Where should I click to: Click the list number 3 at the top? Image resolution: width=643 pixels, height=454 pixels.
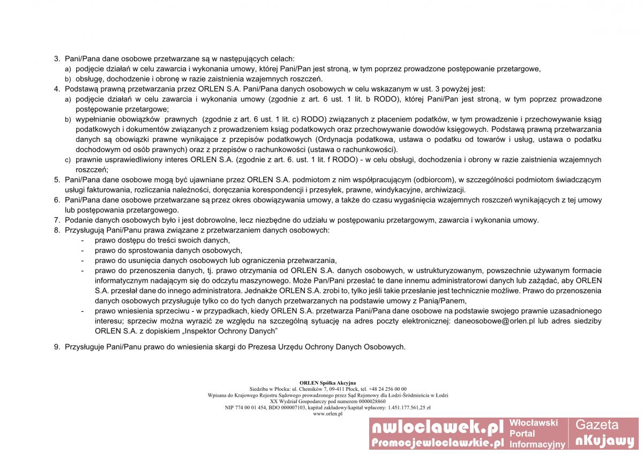pos(56,58)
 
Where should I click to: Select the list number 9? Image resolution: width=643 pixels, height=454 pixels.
pos(56,347)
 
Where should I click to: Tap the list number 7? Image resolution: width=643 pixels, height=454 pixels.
pos(56,220)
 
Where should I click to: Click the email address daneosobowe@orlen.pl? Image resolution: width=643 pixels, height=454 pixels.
pos(495,321)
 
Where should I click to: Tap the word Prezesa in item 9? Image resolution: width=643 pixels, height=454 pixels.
pos(262,347)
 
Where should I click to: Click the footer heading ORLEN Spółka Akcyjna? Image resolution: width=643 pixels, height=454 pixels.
pos(327,383)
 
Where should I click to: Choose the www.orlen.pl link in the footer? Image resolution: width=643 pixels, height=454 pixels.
pos(327,414)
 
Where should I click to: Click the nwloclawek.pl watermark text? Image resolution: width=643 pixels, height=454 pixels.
pos(437,427)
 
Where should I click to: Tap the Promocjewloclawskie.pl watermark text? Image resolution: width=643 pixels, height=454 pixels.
pos(437,442)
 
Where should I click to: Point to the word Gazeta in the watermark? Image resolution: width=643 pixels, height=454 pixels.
pos(596,425)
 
